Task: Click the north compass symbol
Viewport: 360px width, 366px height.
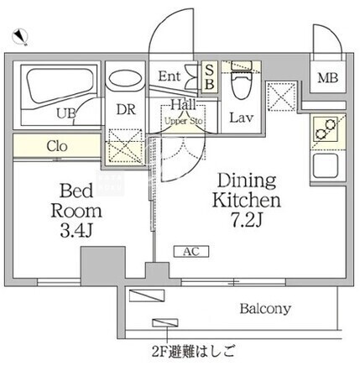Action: pos(20,37)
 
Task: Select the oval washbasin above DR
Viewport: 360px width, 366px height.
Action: pos(125,78)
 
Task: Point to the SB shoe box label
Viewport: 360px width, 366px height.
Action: pos(210,77)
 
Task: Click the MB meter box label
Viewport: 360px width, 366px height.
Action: pos(327,78)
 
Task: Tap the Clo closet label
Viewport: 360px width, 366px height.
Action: pos(57,146)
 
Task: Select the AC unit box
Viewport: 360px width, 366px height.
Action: pos(191,252)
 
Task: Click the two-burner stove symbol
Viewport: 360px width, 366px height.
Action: pos(326,129)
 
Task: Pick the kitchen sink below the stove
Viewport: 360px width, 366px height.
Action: pos(326,166)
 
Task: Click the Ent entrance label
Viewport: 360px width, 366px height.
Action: pos(170,76)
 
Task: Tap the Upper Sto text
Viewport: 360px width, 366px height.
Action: pos(184,122)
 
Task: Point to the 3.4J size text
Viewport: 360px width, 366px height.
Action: pos(76,231)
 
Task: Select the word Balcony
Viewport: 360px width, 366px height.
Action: pos(265,309)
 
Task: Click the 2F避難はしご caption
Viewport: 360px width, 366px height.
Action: pos(193,351)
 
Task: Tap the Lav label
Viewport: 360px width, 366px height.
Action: pos(242,118)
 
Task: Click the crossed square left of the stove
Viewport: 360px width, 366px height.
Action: pos(281,97)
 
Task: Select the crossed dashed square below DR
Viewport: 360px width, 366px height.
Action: pos(125,146)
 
